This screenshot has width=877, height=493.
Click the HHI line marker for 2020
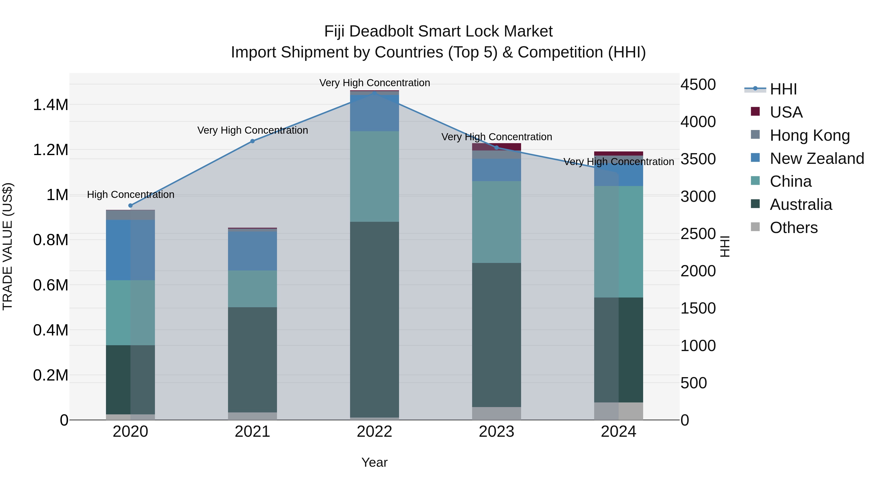click(x=130, y=205)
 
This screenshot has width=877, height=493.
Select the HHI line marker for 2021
click(x=252, y=141)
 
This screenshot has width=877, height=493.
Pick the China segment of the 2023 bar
click(x=496, y=222)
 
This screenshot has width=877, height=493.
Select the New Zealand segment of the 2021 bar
click(x=252, y=251)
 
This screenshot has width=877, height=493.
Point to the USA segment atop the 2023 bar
click(x=496, y=147)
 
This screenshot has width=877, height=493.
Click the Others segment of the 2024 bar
click(x=619, y=411)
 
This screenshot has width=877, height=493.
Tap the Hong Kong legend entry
click(x=810, y=135)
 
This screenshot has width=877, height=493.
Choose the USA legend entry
click(x=786, y=112)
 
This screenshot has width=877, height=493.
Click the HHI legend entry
click(x=783, y=89)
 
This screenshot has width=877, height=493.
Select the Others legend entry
click(x=793, y=228)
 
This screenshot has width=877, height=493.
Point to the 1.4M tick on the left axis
click(x=51, y=105)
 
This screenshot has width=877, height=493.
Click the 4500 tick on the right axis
click(x=698, y=85)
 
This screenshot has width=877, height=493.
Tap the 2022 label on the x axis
click(x=374, y=432)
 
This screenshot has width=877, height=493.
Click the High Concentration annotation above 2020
click(x=131, y=195)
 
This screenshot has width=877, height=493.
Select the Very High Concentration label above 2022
click(x=374, y=83)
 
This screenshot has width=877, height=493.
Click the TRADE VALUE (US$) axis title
click(x=8, y=246)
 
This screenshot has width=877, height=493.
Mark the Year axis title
click(x=374, y=462)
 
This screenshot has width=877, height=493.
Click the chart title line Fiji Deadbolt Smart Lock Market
click(x=438, y=32)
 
